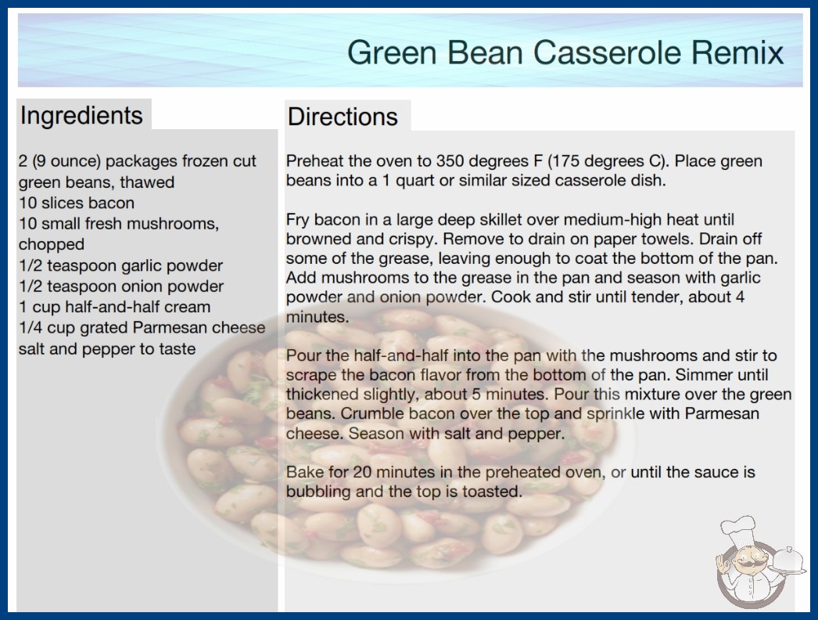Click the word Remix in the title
pyautogui.click(x=737, y=52)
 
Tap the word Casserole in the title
pyautogui.click(x=607, y=52)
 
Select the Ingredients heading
pyautogui.click(x=81, y=115)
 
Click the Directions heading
pyautogui.click(x=343, y=117)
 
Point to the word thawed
pyautogui.click(x=147, y=182)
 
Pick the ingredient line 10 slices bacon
pyautogui.click(x=77, y=203)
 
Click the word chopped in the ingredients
pyautogui.click(x=51, y=244)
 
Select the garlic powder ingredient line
pyautogui.click(x=120, y=265)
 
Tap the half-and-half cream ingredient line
pyautogui.click(x=115, y=307)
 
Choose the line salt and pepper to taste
pyautogui.click(x=107, y=349)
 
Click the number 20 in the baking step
pyautogui.click(x=362, y=472)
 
